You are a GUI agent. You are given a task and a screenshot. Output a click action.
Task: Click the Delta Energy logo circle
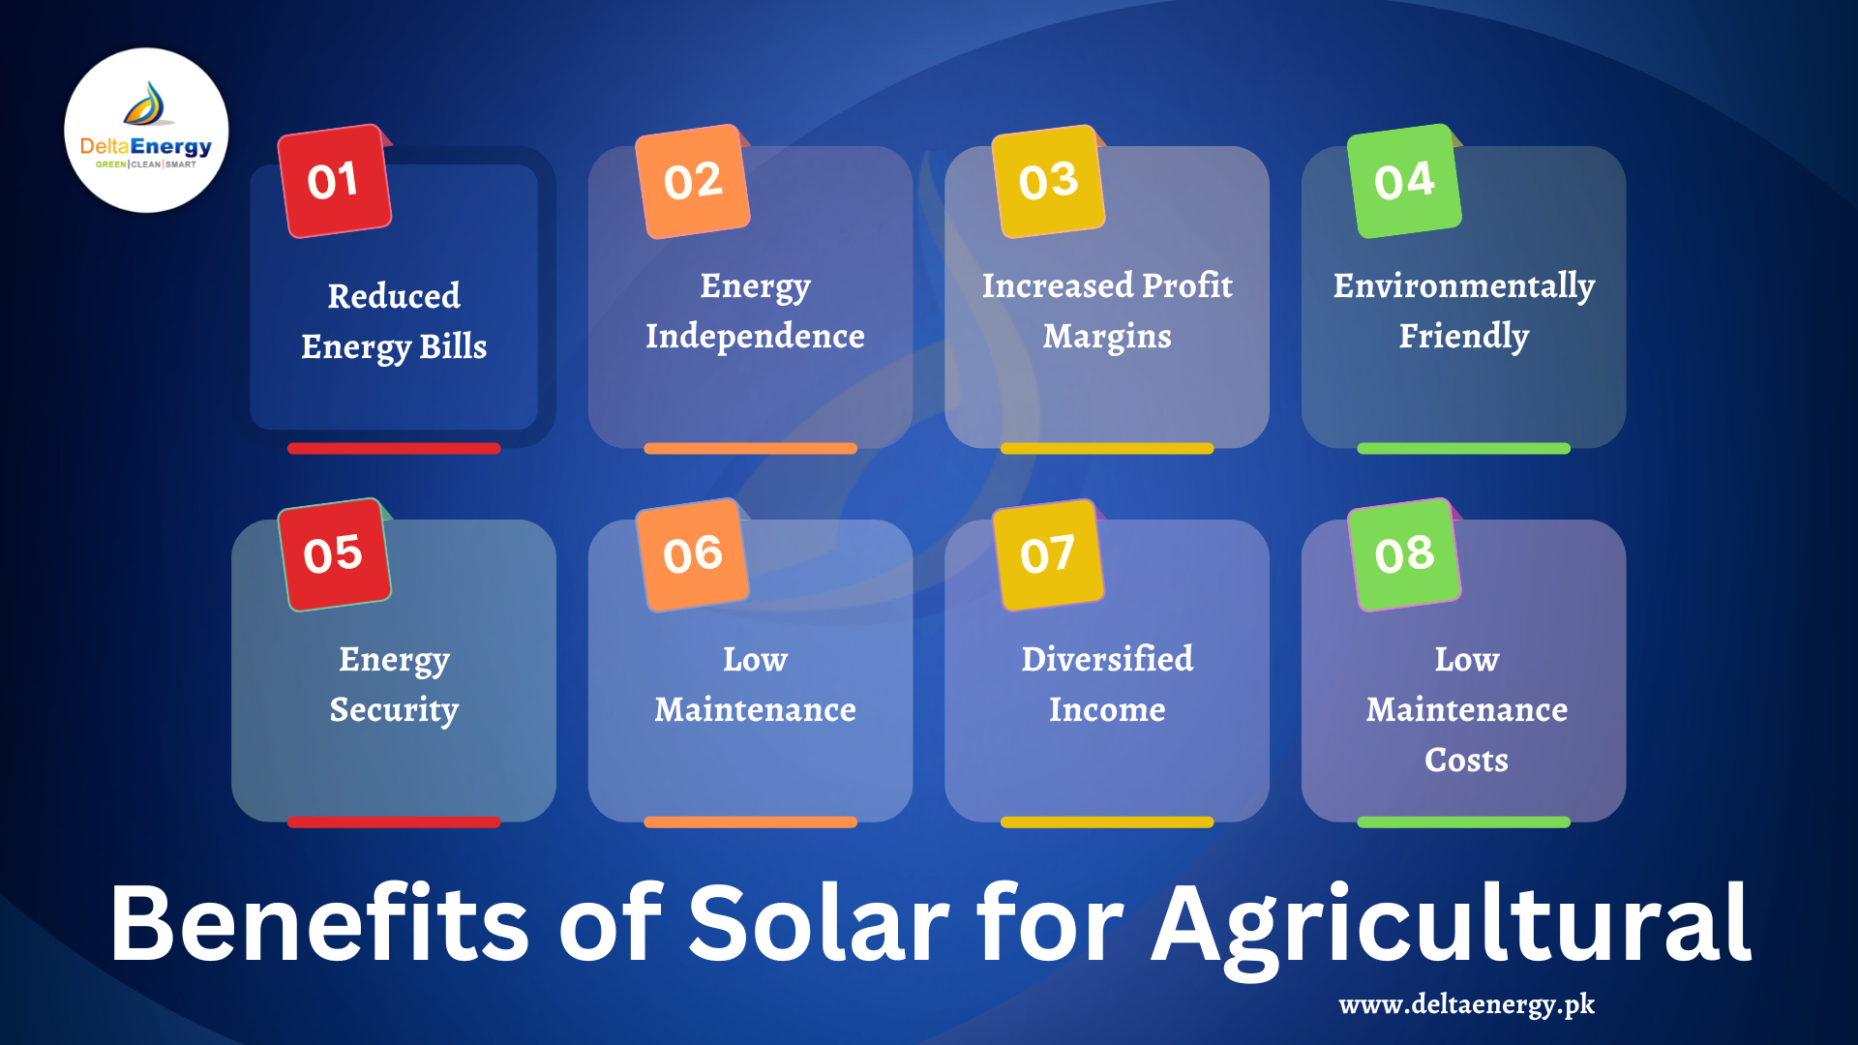[x=146, y=131]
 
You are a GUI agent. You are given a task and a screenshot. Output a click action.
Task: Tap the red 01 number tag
[x=334, y=181]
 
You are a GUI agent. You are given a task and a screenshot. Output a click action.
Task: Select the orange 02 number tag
[x=692, y=181]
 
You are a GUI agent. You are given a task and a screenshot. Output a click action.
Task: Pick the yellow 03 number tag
[x=1048, y=181]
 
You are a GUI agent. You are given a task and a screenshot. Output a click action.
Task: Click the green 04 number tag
[x=1404, y=181]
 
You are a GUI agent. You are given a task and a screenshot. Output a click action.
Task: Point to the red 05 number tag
[x=334, y=554]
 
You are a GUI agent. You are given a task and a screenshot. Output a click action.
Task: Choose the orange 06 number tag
[x=692, y=554]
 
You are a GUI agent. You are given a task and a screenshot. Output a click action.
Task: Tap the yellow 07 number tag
[x=1048, y=554]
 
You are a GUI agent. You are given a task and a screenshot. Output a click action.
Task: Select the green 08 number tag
[x=1404, y=554]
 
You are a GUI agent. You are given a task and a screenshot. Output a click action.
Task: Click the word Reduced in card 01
[x=394, y=296]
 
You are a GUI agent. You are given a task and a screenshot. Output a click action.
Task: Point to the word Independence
[x=755, y=336]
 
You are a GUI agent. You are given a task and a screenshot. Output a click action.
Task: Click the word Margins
[x=1107, y=337]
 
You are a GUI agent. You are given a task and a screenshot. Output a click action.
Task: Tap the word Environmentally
[x=1463, y=286]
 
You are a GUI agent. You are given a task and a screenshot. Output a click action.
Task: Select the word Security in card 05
[x=394, y=710]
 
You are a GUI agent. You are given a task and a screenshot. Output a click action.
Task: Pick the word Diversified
[x=1107, y=659]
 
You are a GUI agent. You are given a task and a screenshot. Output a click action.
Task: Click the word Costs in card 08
[x=1466, y=760]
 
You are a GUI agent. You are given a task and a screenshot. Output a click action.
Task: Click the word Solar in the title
[x=819, y=924]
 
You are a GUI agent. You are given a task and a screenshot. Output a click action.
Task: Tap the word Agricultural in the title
[x=1452, y=924]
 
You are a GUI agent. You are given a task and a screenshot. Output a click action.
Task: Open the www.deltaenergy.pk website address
[x=1466, y=1004]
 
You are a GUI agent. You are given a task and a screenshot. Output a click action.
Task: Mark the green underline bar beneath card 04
[x=1463, y=448]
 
